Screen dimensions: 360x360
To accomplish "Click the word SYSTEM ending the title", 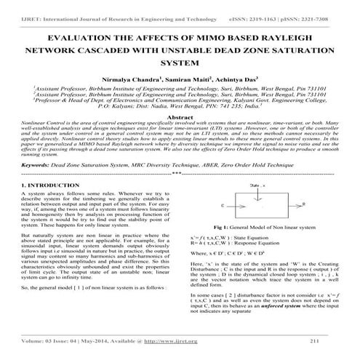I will click(x=179, y=64).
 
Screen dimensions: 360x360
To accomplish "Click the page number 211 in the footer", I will click(x=313, y=340).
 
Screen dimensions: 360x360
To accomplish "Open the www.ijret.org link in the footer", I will click(x=180, y=340).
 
